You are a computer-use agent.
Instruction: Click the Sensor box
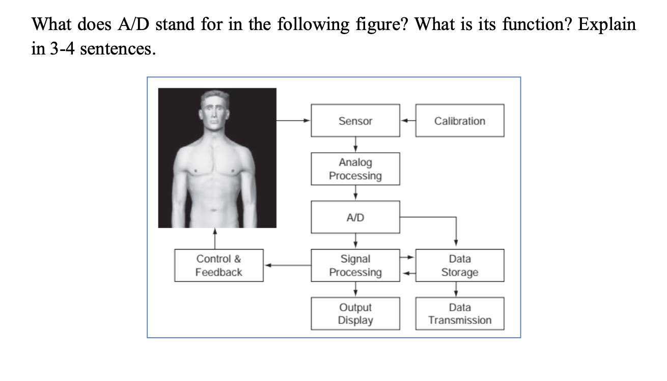coord(355,121)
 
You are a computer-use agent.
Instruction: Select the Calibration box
coord(459,121)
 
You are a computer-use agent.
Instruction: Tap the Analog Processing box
coord(355,169)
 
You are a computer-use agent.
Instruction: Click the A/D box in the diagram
coord(355,217)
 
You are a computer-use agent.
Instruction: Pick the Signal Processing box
coord(355,265)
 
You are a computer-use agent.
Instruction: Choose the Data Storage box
coord(459,265)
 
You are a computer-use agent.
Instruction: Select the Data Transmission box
coord(459,314)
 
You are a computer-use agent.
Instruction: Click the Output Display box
coord(355,314)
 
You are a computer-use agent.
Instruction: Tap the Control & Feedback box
coord(219,265)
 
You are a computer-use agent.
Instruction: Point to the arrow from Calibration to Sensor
coord(407,121)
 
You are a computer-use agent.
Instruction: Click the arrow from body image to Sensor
coord(293,121)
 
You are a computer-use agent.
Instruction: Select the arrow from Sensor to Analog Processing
coord(355,145)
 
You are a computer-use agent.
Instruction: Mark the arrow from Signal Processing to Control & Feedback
coord(288,265)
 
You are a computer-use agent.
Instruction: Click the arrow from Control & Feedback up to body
coord(215,238)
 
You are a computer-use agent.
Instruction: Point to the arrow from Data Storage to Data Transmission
coord(456,289)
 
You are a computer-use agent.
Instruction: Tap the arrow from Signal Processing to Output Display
coord(355,289)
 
